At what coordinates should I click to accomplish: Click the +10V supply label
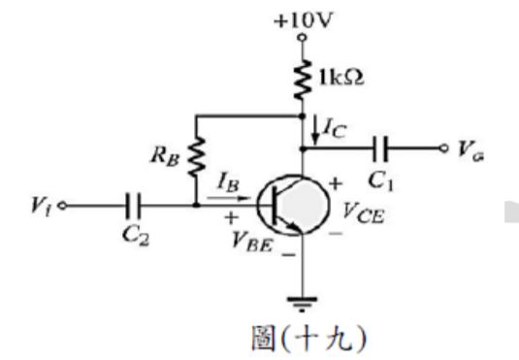pyautogui.click(x=303, y=16)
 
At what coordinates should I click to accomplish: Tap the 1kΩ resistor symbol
pyautogui.click(x=302, y=75)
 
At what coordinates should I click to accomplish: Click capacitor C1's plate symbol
pyautogui.click(x=385, y=149)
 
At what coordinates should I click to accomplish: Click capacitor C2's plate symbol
pyautogui.click(x=133, y=206)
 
